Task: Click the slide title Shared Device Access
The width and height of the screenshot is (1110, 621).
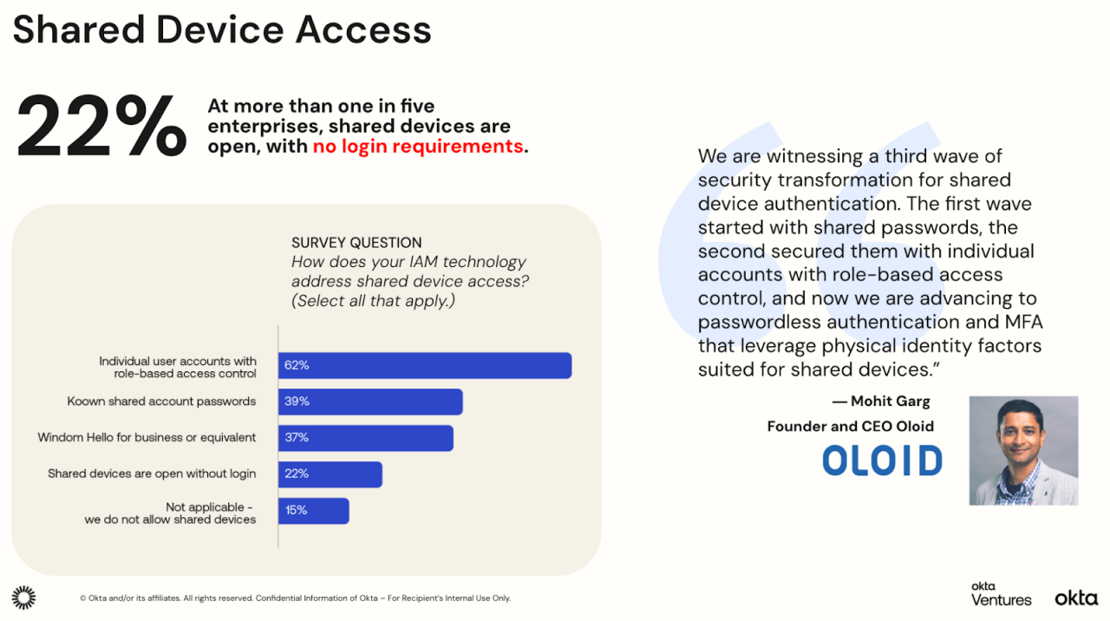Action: [x=222, y=29]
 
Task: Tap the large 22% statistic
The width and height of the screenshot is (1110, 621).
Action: [x=101, y=127]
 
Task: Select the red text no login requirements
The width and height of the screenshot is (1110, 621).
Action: [x=418, y=147]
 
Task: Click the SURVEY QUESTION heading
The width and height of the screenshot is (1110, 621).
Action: [x=356, y=243]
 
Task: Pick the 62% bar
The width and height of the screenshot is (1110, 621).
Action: [x=424, y=365]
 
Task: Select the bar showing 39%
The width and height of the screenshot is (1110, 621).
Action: [x=370, y=402]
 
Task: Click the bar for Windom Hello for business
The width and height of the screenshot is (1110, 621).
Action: [x=365, y=438]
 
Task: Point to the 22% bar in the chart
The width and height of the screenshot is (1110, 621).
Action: [x=330, y=474]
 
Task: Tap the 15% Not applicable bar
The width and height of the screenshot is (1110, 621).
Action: [x=313, y=511]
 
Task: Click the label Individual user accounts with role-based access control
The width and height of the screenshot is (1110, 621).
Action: [x=178, y=367]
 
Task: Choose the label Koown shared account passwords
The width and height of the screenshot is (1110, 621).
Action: [x=162, y=402]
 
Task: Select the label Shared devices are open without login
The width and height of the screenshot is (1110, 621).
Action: [x=152, y=474]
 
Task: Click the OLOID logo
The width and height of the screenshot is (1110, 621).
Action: [x=882, y=461]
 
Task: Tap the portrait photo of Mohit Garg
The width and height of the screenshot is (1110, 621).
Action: [x=1023, y=450]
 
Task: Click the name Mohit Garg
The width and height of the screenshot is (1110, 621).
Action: [x=890, y=402]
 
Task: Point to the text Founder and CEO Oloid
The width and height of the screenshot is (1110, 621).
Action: [x=850, y=426]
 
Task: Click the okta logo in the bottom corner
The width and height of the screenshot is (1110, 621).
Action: [x=1076, y=598]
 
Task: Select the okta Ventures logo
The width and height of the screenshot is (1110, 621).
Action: [x=1001, y=595]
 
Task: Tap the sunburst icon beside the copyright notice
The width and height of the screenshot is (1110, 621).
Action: [x=23, y=598]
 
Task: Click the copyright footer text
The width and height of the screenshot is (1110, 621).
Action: [x=295, y=598]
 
